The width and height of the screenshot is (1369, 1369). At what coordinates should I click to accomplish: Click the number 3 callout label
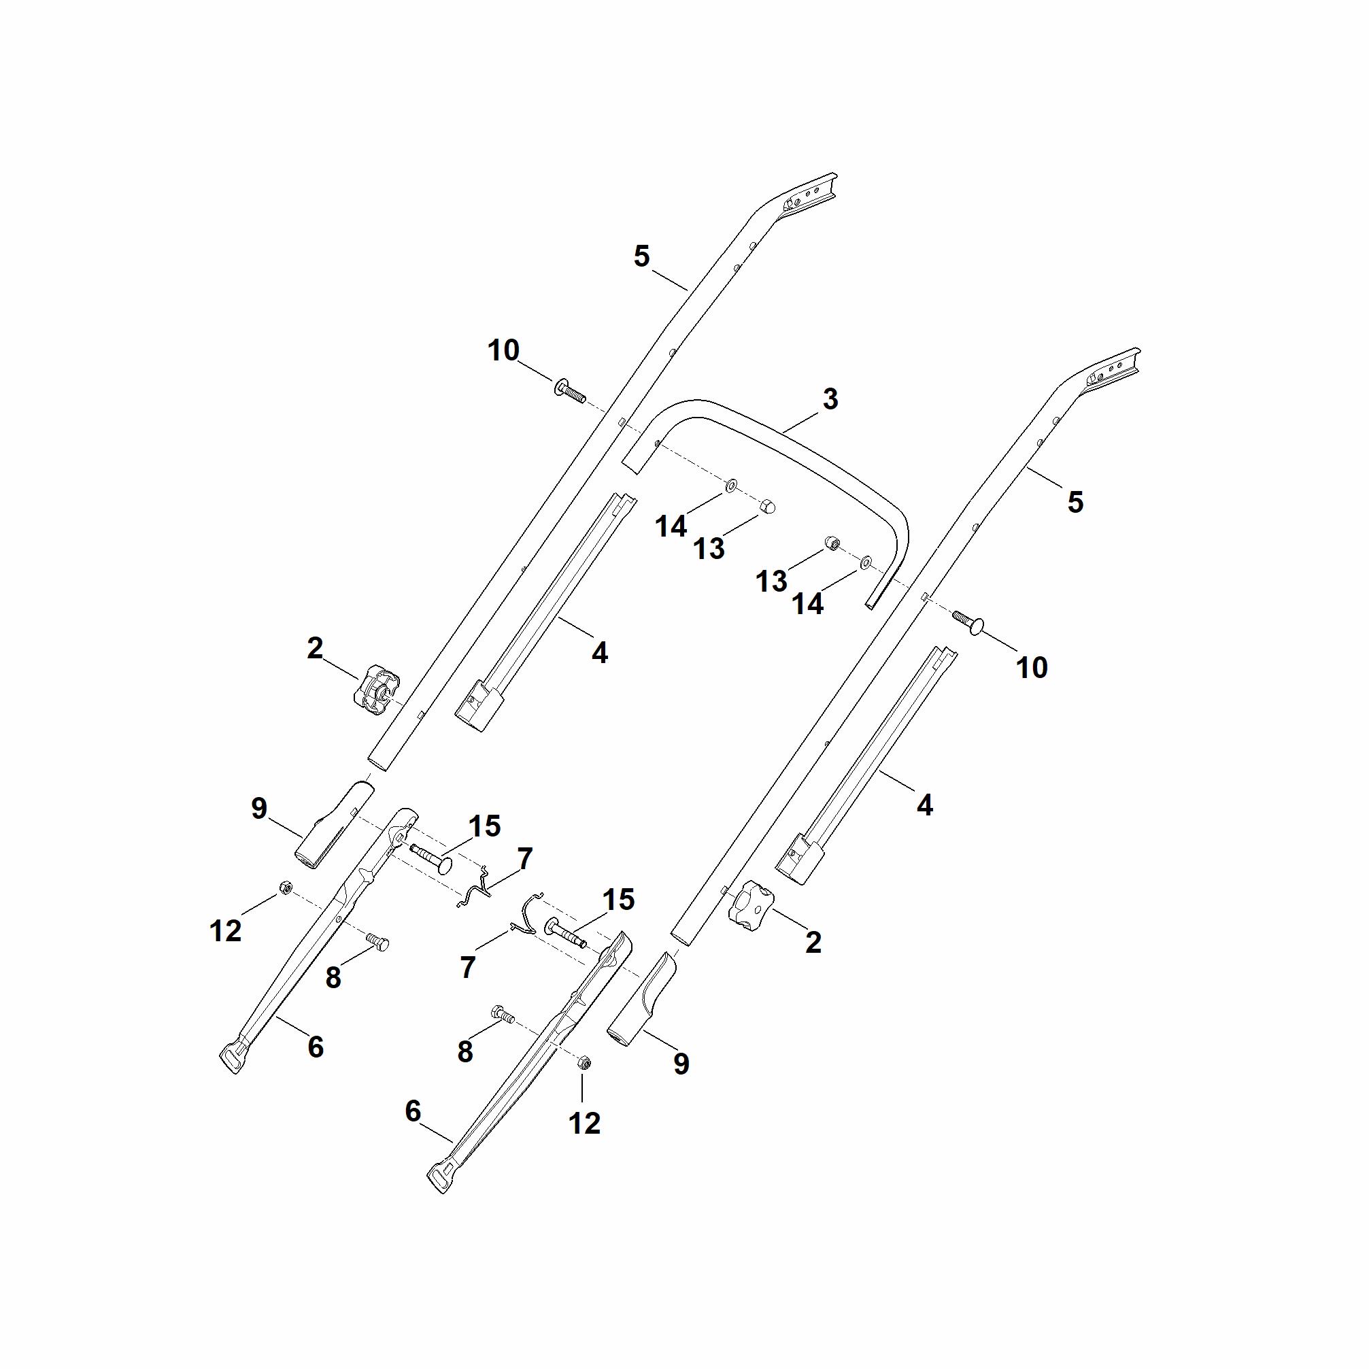(830, 399)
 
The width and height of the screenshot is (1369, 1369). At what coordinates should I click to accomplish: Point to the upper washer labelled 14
(730, 486)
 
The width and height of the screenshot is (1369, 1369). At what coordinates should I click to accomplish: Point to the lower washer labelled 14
(865, 562)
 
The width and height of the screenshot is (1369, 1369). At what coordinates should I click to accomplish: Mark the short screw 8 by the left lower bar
(377, 941)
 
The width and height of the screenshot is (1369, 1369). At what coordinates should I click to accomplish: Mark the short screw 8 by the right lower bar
(503, 1014)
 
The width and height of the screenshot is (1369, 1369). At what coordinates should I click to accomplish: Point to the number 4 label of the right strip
(924, 805)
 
